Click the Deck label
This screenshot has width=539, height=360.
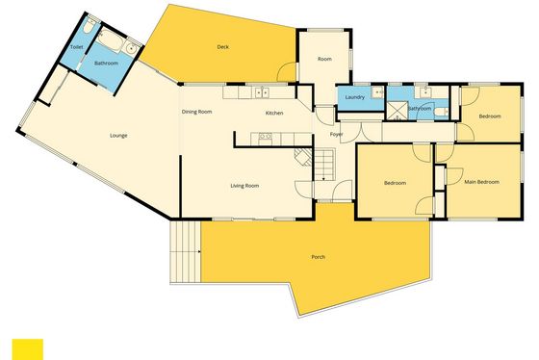[222, 47]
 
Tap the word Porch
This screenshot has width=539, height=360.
[318, 257]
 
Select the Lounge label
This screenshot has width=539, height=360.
[118, 136]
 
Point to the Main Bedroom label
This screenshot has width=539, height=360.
[481, 182]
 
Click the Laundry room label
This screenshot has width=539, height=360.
[354, 97]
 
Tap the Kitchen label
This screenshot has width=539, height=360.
[274, 113]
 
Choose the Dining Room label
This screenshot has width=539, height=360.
[196, 112]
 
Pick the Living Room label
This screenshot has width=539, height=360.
[244, 186]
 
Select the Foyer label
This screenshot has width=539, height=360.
[336, 134]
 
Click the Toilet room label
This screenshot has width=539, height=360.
[76, 47]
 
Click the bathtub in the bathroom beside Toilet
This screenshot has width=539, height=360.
[110, 41]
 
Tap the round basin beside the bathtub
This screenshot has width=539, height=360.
[131, 49]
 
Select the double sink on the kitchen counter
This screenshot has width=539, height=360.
[262, 92]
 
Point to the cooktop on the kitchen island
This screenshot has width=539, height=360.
[265, 138]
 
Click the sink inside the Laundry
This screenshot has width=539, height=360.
[377, 92]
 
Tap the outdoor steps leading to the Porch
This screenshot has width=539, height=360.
[185, 252]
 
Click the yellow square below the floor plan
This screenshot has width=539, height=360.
[28, 349]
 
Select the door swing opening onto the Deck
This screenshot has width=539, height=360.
[287, 71]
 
